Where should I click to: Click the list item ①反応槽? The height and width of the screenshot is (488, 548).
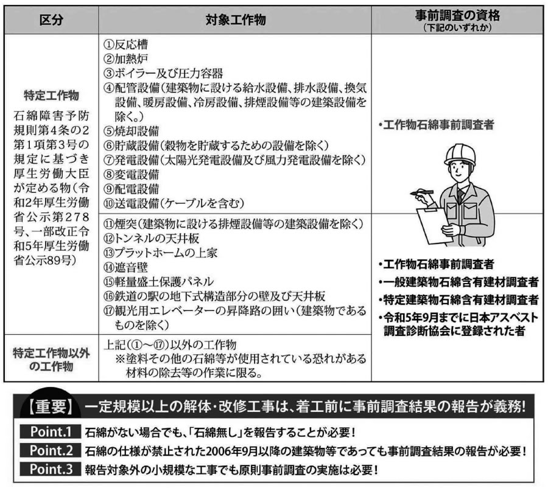[x=125, y=44]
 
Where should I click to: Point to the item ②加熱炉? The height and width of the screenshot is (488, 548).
[x=125, y=59]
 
